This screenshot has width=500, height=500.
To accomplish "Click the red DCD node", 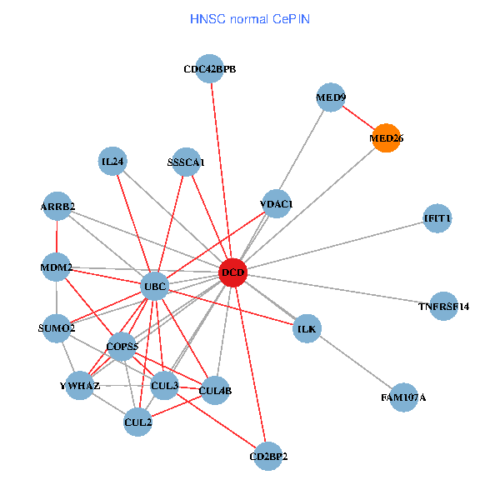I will tap(232, 272).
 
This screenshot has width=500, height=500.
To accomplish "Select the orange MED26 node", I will tap(385, 138).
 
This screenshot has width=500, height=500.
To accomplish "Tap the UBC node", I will tap(156, 287).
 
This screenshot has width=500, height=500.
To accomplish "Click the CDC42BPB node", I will tap(210, 70).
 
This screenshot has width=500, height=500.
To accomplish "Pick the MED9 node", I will tap(331, 97).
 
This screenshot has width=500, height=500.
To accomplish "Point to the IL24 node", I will tap(112, 162).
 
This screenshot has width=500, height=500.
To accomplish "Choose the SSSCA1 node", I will tap(185, 162).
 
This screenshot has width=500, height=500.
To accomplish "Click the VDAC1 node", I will tap(276, 203).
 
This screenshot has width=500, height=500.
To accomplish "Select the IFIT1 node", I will tap(437, 218).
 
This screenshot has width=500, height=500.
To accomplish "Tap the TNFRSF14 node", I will tap(443, 306).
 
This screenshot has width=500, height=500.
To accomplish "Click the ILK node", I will tap(307, 329).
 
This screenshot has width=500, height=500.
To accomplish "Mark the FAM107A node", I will tap(403, 397).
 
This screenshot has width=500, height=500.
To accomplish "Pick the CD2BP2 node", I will tap(268, 456).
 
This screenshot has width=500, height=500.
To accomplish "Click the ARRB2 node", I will tap(58, 206).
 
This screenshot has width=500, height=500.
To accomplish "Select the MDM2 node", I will tap(56, 267).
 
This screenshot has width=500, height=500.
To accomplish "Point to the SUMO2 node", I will tap(57, 328).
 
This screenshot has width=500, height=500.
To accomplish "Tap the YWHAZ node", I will tap(80, 386).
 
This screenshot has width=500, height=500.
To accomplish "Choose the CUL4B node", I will tap(216, 390).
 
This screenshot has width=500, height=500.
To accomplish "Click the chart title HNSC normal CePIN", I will tap(250, 17).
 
